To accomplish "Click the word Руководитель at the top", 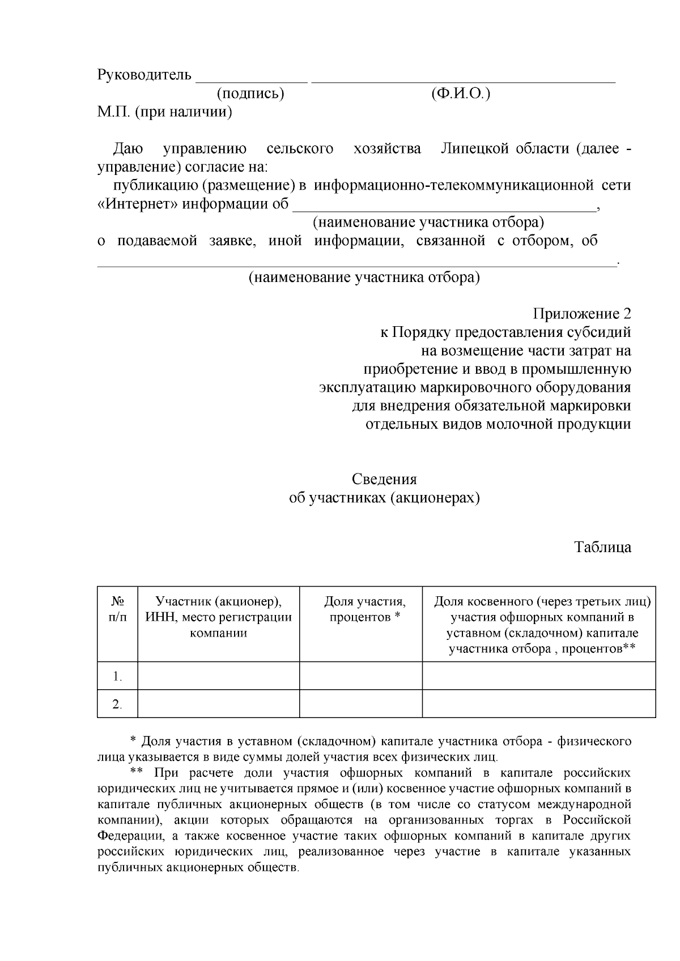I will pos(144,75).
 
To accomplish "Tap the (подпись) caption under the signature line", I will pos(250,93).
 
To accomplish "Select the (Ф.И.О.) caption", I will pos(460,93).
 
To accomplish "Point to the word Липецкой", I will pos(476,149).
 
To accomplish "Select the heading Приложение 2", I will pos(581,314).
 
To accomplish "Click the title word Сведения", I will pos(384,480).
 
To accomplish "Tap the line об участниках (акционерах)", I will pos(384,498).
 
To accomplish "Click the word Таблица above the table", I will pos(602,548).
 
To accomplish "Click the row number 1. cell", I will pos(117,676).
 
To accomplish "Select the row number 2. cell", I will pos(117,704).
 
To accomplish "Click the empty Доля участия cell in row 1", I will pos(361,676).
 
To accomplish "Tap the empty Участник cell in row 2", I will pos(219,704).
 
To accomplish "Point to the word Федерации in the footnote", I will pos(128,836).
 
